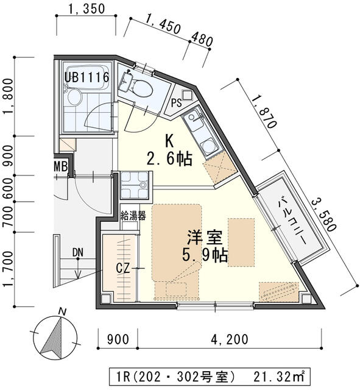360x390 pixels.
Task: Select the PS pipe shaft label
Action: click(x=177, y=102)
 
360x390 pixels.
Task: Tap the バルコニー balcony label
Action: click(x=292, y=219)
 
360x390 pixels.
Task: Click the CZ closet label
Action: click(x=122, y=266)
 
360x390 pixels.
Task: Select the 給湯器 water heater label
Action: click(x=133, y=215)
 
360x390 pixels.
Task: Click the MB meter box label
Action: click(x=60, y=166)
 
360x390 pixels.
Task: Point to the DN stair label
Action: click(x=77, y=252)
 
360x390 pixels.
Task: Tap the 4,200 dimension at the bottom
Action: click(x=230, y=339)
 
